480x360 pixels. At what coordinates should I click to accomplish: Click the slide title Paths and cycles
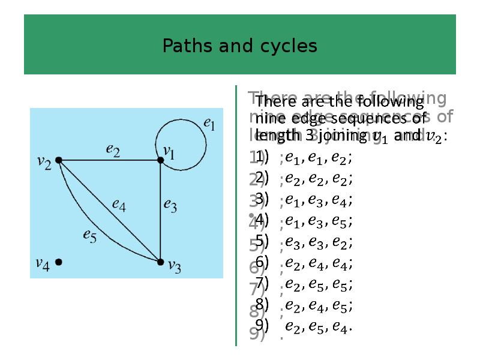pyautogui.click(x=239, y=46)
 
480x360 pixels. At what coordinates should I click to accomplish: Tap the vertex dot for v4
pyautogui.click(x=59, y=262)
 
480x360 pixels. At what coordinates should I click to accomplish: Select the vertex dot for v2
pyautogui.click(x=59, y=160)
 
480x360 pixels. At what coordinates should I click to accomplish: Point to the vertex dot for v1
pyautogui.click(x=160, y=160)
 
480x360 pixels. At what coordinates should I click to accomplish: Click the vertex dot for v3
pyautogui.click(x=160, y=262)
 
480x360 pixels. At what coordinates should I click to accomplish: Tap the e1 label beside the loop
pyautogui.click(x=210, y=124)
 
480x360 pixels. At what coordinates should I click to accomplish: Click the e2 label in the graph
pyautogui.click(x=113, y=151)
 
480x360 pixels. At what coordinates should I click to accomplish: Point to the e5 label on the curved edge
pyautogui.click(x=89, y=236)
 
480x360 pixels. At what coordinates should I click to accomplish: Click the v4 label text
pyautogui.click(x=42, y=263)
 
